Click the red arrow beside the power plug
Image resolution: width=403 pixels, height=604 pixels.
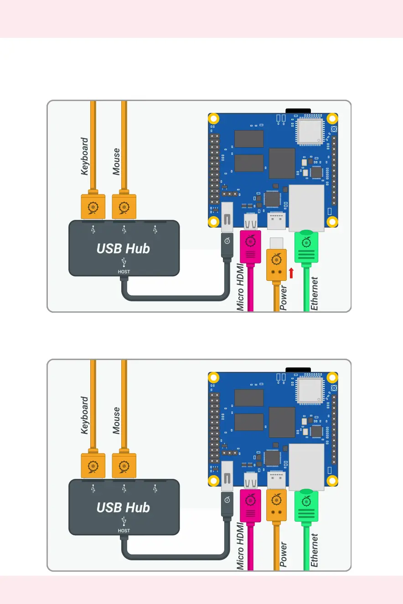(x=291, y=273)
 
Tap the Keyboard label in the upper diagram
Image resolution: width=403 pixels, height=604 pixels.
(x=85, y=157)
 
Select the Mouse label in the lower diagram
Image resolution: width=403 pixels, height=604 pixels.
(x=117, y=421)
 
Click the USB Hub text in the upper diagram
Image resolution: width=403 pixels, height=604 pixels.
(x=123, y=249)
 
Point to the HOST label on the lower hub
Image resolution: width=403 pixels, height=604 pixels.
(x=124, y=531)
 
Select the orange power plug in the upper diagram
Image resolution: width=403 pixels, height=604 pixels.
(x=276, y=265)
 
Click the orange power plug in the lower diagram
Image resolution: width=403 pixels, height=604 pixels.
(x=276, y=505)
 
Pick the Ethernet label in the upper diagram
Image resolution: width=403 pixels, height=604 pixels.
(x=315, y=294)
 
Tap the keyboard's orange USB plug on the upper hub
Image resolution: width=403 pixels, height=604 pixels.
(x=93, y=207)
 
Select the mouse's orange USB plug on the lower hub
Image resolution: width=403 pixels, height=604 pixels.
(x=124, y=466)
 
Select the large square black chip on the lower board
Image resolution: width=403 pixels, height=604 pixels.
(x=282, y=422)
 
